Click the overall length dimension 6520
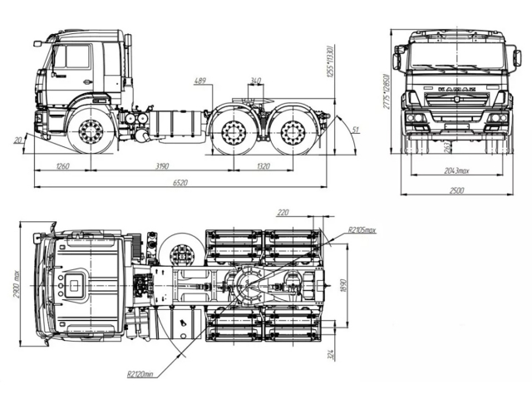pyautogui.click(x=180, y=183)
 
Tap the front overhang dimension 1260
pyautogui.click(x=62, y=166)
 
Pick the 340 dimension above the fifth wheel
pyautogui.click(x=255, y=81)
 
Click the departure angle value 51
pyautogui.click(x=356, y=130)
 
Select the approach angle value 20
pyautogui.click(x=18, y=140)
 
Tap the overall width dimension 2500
pyautogui.click(x=456, y=190)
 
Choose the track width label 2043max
pyautogui.click(x=456, y=170)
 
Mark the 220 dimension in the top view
pyautogui.click(x=283, y=213)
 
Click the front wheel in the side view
pyautogui.click(x=91, y=132)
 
